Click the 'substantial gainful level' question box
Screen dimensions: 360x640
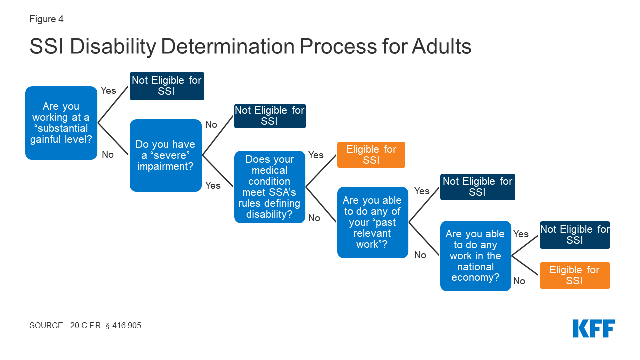point(61,123)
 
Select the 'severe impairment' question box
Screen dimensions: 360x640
point(165,155)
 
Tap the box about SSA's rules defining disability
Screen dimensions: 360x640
point(270,187)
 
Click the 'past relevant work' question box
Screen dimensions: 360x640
point(373,222)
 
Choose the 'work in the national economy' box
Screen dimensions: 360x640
point(475,256)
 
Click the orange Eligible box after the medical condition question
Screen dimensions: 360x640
point(371,155)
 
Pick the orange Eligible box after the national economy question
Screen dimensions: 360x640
point(574,275)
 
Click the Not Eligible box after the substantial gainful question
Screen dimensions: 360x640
point(167,86)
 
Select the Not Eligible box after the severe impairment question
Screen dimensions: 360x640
point(270,116)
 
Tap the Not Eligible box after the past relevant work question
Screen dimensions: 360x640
point(477,187)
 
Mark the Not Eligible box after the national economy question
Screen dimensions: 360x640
point(574,235)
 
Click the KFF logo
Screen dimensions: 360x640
point(594,328)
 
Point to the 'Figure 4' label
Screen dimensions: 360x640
point(46,20)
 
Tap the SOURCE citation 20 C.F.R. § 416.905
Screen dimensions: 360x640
point(86,325)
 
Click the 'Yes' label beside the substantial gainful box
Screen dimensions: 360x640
point(108,90)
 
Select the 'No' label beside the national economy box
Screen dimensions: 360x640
point(519,281)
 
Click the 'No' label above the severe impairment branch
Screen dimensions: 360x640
point(211,124)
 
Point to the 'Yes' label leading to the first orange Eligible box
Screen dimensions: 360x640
point(316,155)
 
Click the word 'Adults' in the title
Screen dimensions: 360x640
point(442,47)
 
